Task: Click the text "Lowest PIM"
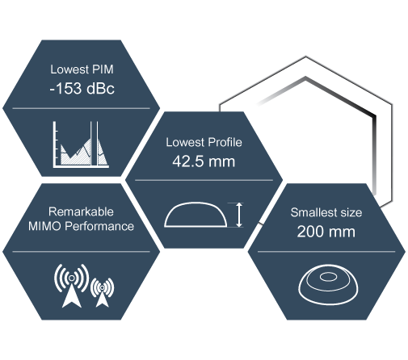(x=82, y=69)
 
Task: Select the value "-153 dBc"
(x=82, y=88)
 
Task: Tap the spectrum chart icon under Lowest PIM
(x=81, y=144)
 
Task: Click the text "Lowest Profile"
(x=204, y=142)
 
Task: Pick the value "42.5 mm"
(x=204, y=161)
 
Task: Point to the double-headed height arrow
(x=239, y=215)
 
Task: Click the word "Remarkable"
(x=81, y=211)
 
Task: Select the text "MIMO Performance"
(x=81, y=226)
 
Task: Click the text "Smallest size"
(x=326, y=212)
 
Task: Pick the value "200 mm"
(x=326, y=232)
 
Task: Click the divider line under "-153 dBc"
(x=81, y=108)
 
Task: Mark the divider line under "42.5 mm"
(x=204, y=180)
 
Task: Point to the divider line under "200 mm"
(x=326, y=252)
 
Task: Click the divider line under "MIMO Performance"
(x=81, y=252)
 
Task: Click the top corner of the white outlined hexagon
(x=305, y=57)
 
